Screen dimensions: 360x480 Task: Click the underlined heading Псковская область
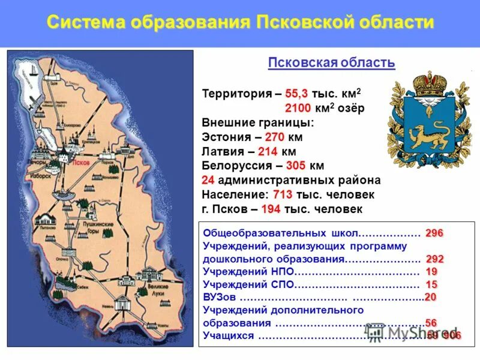[x=331, y=62]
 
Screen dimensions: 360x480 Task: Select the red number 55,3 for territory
[x=296, y=95]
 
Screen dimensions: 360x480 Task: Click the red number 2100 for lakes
[x=298, y=109]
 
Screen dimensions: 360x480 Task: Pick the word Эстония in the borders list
[x=226, y=137]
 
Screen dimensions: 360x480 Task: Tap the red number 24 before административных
[x=208, y=181]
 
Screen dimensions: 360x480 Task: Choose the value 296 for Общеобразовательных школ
[x=434, y=233]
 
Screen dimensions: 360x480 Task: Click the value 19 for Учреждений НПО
[x=432, y=272]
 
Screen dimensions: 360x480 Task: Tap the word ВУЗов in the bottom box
[x=219, y=298]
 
